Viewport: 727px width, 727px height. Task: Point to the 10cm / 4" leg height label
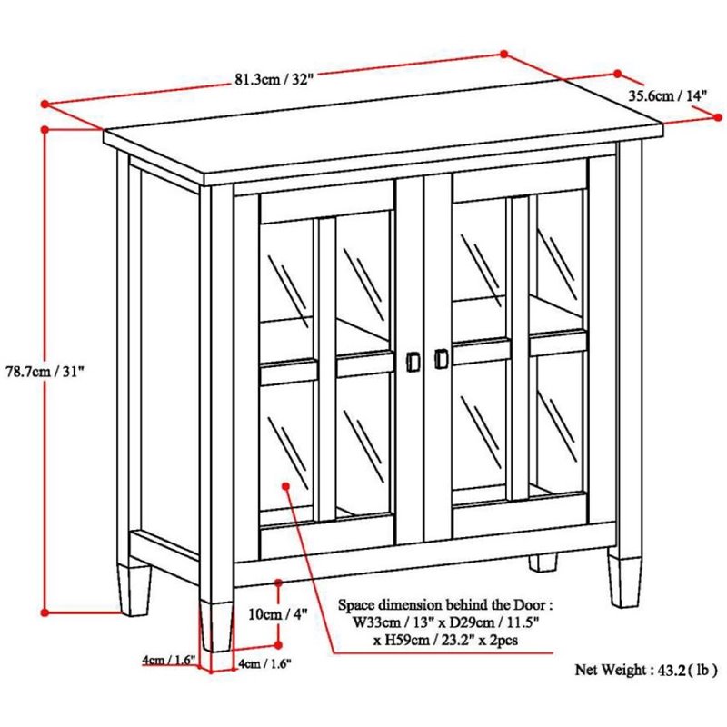(278, 613)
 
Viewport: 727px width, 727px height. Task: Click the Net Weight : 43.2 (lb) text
(642, 670)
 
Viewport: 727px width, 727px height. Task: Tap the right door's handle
(442, 360)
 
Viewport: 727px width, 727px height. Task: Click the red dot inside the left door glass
(287, 486)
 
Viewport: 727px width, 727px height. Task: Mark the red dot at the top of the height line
(45, 129)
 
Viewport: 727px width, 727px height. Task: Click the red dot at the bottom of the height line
(45, 612)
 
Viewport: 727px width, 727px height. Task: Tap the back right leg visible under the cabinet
(543, 562)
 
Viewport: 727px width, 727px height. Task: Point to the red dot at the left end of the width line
(45, 105)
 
